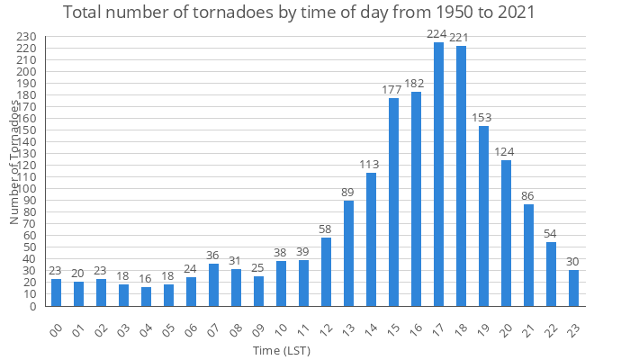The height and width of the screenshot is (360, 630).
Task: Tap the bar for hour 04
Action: point(146,296)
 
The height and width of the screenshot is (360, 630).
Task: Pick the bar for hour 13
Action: point(348,254)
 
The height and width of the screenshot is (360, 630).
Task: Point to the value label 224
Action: point(438,34)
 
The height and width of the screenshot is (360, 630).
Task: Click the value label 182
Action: point(416,84)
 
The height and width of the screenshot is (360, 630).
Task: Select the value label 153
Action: point(483,118)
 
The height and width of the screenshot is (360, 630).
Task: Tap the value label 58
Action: point(326,229)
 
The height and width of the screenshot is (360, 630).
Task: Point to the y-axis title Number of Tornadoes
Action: point(14,162)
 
